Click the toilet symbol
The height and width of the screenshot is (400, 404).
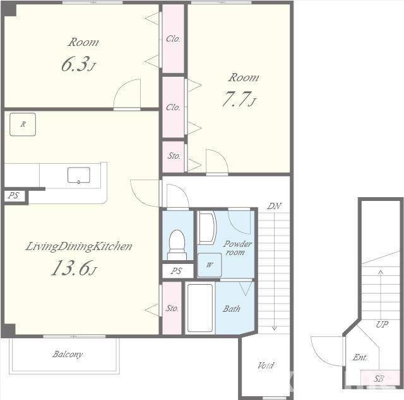(x=177, y=244)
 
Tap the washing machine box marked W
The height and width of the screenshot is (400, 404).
(x=210, y=265)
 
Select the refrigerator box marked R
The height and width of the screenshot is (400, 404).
(x=23, y=125)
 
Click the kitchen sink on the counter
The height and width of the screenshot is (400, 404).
(x=79, y=175)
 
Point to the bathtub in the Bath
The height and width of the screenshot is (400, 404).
(x=200, y=307)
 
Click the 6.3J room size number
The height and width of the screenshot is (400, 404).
(x=78, y=64)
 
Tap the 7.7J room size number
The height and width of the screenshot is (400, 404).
(x=239, y=99)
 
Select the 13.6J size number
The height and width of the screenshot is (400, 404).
(x=74, y=268)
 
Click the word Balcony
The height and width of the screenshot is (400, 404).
(x=68, y=354)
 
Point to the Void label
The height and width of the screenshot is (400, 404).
(x=266, y=365)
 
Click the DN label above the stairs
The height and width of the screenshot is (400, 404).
(x=274, y=206)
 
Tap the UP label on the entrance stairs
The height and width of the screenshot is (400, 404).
(x=382, y=324)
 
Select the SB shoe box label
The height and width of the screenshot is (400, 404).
(x=379, y=379)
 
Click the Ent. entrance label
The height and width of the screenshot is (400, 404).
(x=360, y=357)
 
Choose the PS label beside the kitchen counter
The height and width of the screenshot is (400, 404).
(x=13, y=196)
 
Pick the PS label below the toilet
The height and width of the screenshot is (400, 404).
(x=177, y=271)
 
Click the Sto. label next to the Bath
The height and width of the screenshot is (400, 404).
(x=172, y=308)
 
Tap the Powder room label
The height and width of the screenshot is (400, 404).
(x=237, y=248)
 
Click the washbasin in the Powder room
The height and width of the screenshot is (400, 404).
(x=206, y=227)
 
